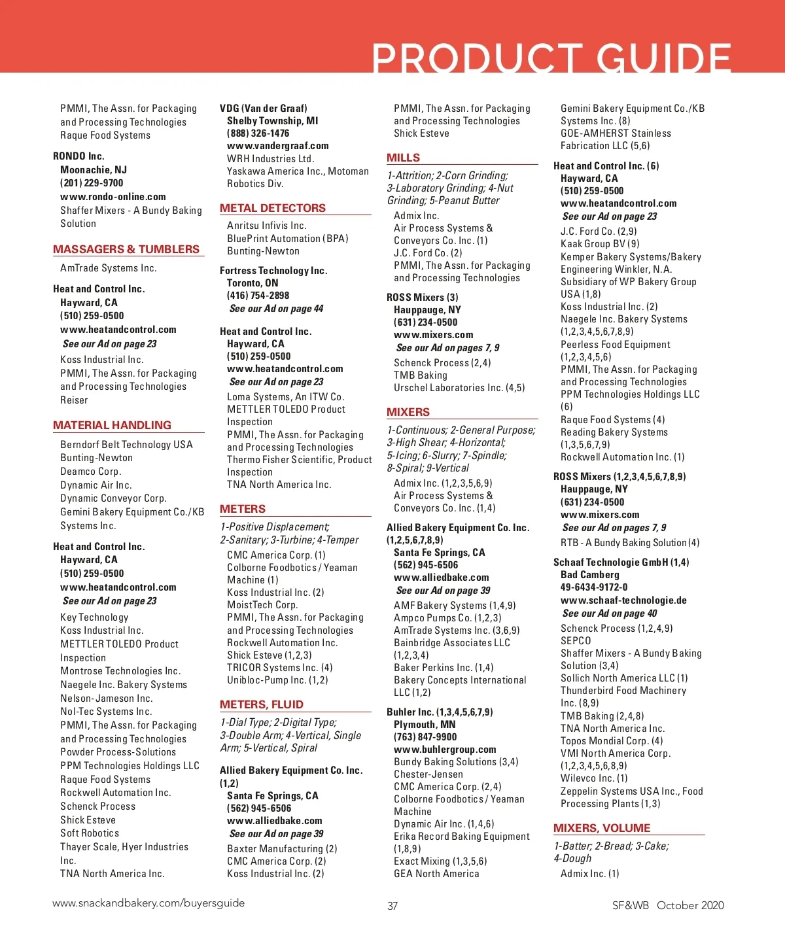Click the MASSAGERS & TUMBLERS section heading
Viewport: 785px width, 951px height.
(126, 249)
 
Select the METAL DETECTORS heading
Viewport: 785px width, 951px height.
(273, 208)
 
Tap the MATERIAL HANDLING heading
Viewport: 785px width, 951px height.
(112, 425)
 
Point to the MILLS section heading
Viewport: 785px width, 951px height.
(404, 158)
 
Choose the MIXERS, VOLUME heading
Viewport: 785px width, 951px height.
(602, 828)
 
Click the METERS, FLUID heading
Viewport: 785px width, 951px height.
(262, 704)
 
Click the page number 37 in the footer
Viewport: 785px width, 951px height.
(392, 906)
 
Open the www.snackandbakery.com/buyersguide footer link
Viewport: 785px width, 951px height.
(148, 903)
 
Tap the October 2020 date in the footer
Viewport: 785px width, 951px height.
(690, 905)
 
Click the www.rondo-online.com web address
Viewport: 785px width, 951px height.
(113, 197)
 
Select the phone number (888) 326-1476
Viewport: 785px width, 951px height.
(258, 133)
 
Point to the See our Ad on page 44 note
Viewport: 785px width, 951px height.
(276, 309)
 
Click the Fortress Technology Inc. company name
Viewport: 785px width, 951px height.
(273, 271)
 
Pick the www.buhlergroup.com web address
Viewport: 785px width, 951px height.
(445, 750)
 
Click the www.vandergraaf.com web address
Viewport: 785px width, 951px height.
(278, 146)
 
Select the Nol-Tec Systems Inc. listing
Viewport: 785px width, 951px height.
(106, 712)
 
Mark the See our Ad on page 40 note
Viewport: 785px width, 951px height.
(610, 614)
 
